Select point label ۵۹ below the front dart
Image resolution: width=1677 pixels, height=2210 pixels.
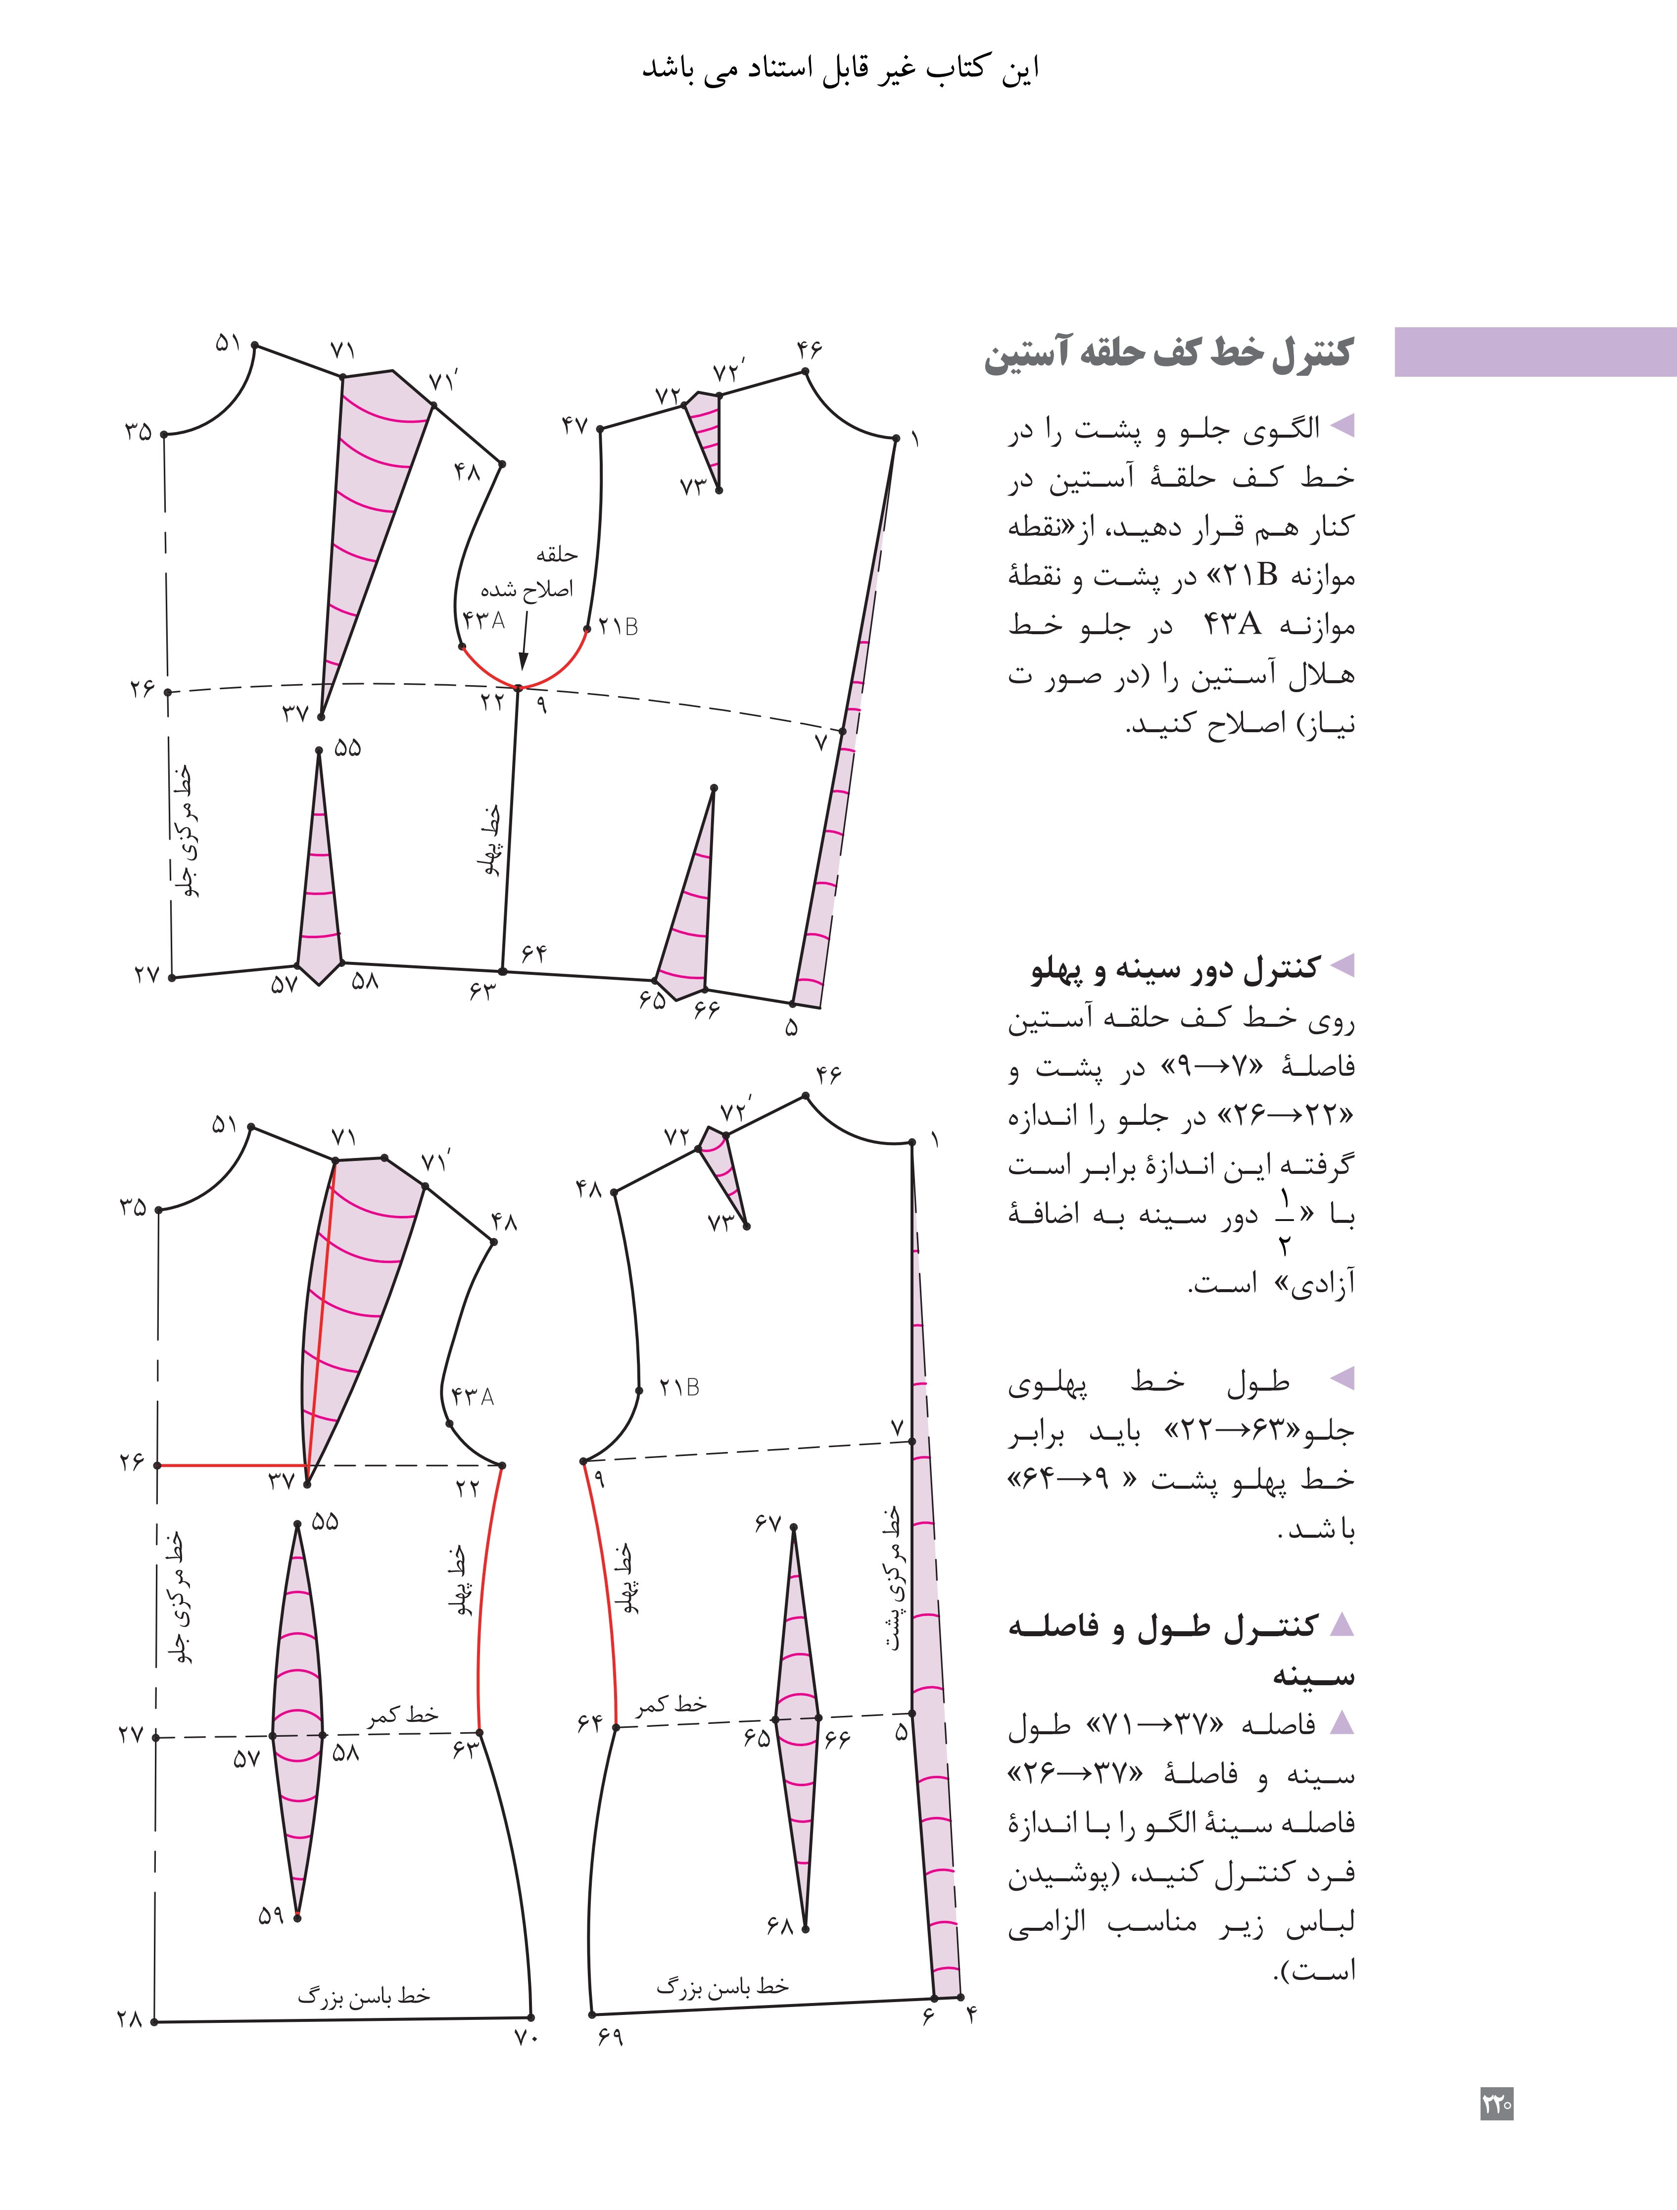coord(271,1915)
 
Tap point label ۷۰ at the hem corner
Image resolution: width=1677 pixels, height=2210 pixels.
coord(527,2037)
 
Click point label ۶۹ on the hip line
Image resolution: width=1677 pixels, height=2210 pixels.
coord(610,2037)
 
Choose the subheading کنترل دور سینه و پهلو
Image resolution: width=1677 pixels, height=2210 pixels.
coord(1176,967)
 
